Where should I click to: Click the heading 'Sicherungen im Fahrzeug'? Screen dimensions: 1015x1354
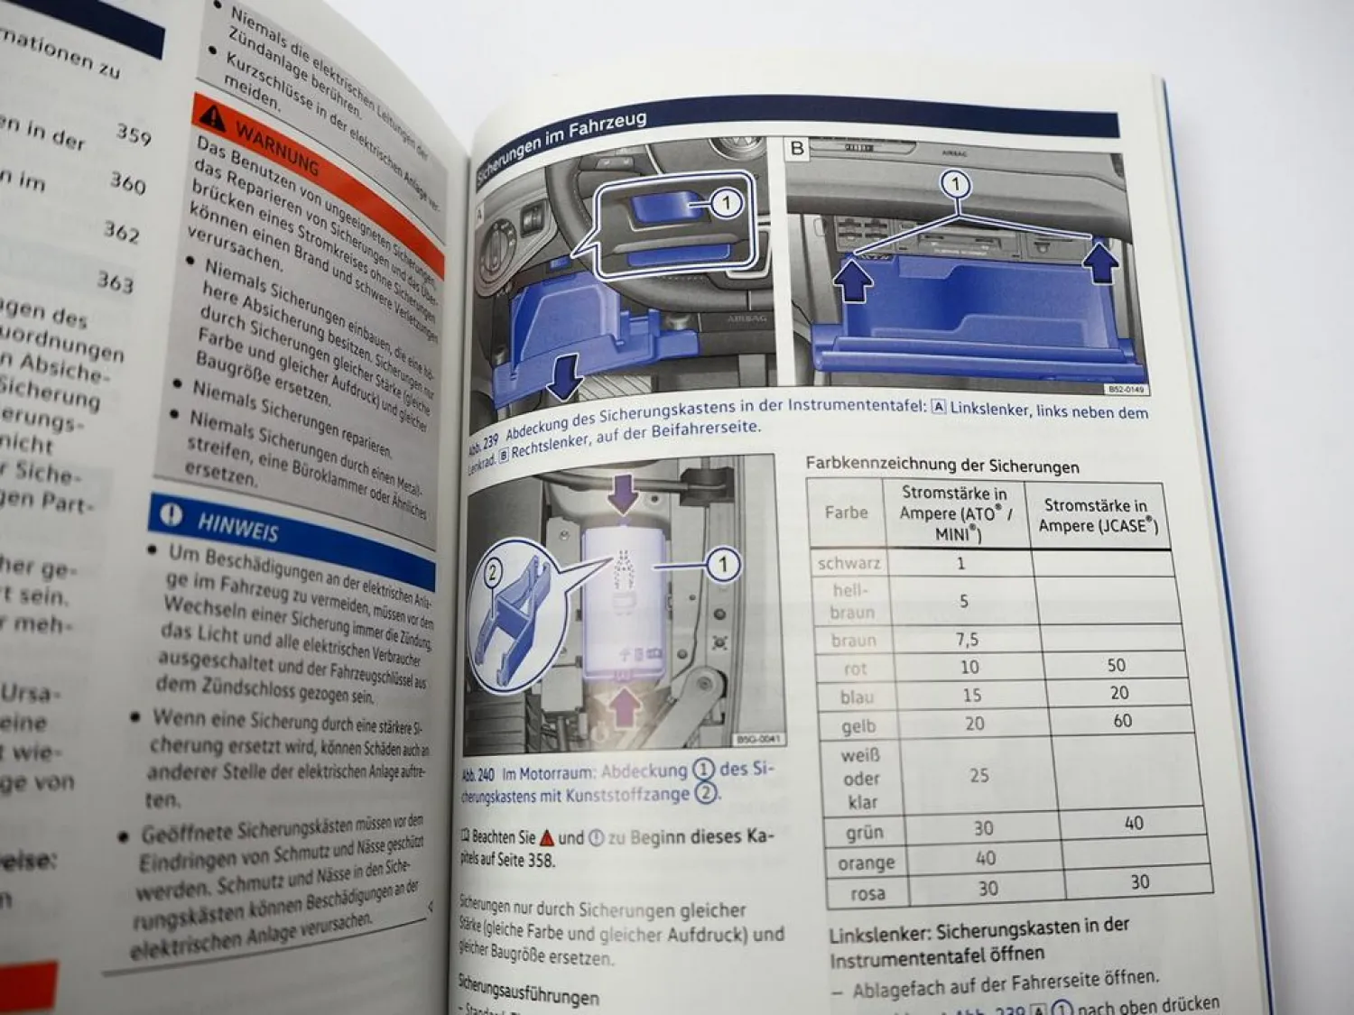pos(561,147)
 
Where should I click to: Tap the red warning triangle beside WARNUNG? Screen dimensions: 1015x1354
pos(212,116)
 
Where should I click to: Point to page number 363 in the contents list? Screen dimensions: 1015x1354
pos(116,281)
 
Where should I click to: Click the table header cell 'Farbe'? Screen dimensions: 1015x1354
pos(846,512)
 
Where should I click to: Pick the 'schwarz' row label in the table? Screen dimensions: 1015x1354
pos(848,563)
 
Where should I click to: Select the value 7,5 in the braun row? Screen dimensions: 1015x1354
pos(967,639)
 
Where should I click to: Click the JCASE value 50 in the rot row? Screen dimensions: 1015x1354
pos(1117,665)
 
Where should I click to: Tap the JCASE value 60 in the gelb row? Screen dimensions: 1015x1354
pos(1122,720)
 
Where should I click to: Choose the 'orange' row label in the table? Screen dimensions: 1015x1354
pos(866,863)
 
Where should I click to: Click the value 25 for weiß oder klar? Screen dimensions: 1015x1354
pos(978,775)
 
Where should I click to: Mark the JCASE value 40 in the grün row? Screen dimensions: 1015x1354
pos(1134,823)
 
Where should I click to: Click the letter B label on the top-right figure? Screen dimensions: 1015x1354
pos(797,148)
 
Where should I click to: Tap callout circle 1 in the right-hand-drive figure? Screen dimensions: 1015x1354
pos(955,186)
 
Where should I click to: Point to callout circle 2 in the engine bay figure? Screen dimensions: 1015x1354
pos(493,573)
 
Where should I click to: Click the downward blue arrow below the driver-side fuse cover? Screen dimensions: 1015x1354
pos(565,378)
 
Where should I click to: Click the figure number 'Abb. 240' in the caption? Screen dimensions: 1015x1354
pos(478,774)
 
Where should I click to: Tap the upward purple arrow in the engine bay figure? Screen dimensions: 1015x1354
pos(624,707)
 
